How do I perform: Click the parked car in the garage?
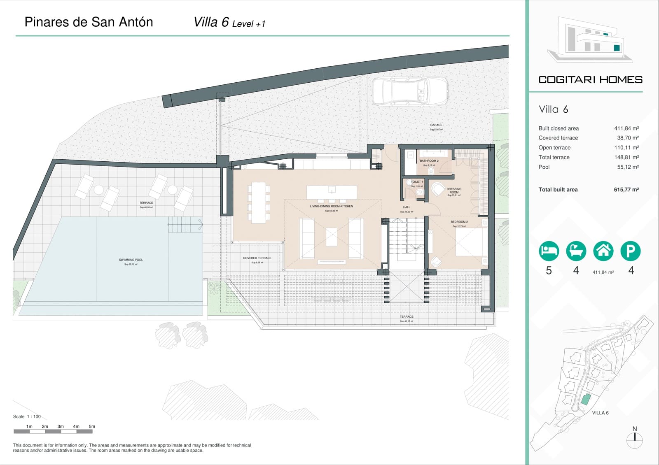[410, 91]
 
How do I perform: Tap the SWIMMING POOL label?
[131, 260]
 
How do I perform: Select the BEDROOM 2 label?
[459, 222]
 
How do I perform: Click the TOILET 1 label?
[416, 181]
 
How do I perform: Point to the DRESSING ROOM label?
[454, 191]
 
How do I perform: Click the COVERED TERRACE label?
[257, 258]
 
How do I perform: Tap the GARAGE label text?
[436, 125]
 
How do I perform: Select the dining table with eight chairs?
[259, 202]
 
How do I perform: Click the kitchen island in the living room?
[332, 192]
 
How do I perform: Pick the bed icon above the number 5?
[549, 251]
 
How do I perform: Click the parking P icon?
[630, 251]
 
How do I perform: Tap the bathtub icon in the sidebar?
[576, 251]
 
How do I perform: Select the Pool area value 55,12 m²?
[628, 167]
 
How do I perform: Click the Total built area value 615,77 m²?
[626, 190]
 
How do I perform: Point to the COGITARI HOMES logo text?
[590, 80]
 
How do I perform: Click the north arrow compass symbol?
[634, 439]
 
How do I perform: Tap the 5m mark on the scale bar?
[92, 427]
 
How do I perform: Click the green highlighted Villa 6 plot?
[585, 399]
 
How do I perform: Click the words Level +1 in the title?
[249, 24]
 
